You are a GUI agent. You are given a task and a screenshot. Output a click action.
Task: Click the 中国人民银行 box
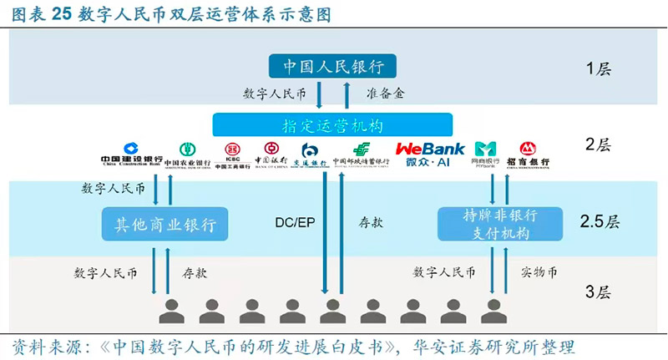point(333,66)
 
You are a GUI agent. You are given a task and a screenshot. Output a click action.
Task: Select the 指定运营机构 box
point(332,125)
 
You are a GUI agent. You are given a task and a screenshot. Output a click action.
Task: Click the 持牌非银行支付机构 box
point(488,225)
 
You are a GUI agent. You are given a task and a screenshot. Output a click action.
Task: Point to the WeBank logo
point(430,154)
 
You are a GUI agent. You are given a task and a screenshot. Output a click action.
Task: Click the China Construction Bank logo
point(131,155)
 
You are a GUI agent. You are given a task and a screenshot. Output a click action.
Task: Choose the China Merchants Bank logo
point(528,155)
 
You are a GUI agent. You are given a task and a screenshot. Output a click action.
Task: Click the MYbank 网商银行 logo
point(485,154)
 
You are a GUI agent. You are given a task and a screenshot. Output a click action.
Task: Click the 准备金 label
point(385,94)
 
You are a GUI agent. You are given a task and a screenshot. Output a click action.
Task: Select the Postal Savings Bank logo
point(361,155)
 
